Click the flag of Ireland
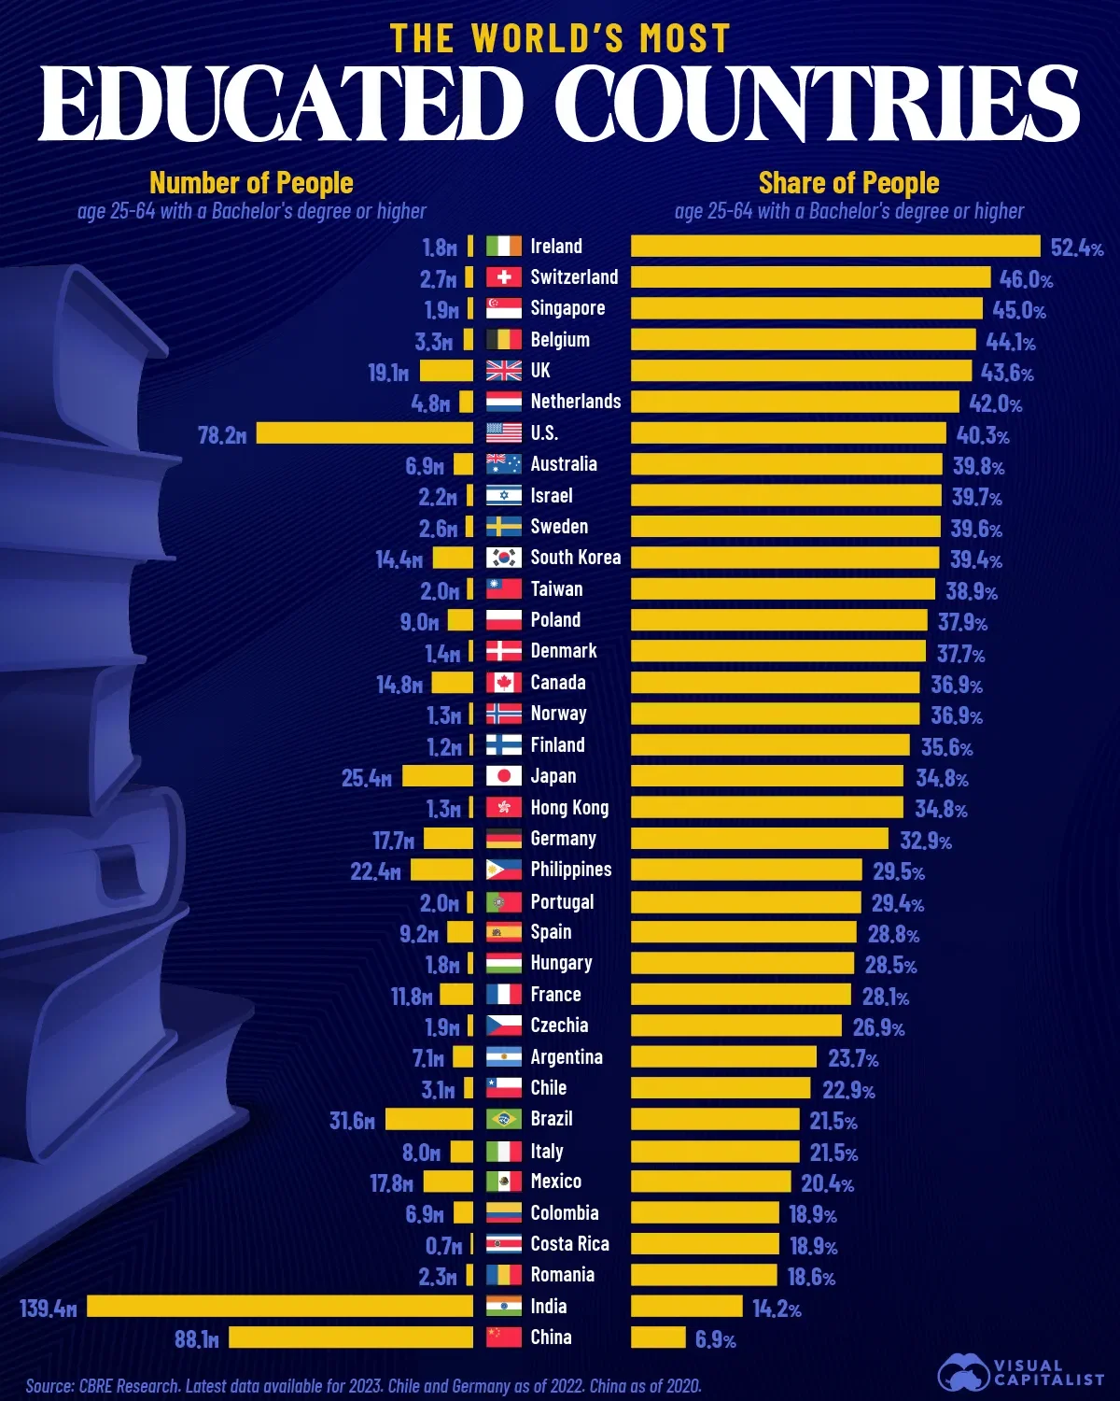point(504,247)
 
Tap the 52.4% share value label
point(1076,248)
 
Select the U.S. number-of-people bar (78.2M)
point(365,433)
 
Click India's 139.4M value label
point(48,1308)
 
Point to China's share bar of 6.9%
point(658,1337)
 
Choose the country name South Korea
point(575,558)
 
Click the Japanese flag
point(504,776)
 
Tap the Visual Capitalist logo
point(1020,1372)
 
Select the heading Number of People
point(251,183)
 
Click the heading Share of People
point(848,183)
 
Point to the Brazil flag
point(504,1119)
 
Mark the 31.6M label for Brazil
point(352,1120)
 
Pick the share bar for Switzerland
point(810,277)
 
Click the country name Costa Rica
point(569,1244)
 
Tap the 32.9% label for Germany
point(925,841)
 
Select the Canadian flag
point(504,683)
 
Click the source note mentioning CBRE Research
point(363,1386)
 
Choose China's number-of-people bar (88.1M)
point(351,1337)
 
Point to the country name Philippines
point(570,870)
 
